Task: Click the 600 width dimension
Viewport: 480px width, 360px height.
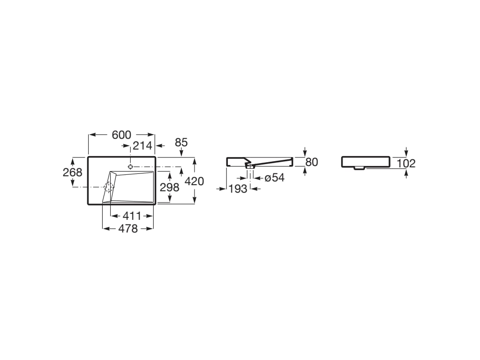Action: pyautogui.click(x=121, y=135)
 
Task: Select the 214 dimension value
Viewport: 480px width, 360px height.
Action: pyautogui.click(x=142, y=146)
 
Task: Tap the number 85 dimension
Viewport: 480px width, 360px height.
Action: pyautogui.click(x=181, y=142)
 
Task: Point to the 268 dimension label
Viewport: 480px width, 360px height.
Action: pyautogui.click(x=72, y=172)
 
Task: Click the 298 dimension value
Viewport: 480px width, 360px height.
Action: pyautogui.click(x=169, y=187)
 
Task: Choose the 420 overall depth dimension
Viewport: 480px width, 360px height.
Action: pyautogui.click(x=195, y=181)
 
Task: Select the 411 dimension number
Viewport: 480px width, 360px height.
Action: pyautogui.click(x=132, y=216)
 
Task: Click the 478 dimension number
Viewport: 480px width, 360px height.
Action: pyautogui.click(x=128, y=229)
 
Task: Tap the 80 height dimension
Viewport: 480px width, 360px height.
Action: pyautogui.click(x=312, y=162)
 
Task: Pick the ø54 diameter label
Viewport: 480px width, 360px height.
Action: pyautogui.click(x=275, y=178)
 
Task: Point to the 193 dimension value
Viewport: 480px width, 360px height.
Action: pyautogui.click(x=238, y=189)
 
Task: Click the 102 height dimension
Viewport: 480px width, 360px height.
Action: pyautogui.click(x=406, y=164)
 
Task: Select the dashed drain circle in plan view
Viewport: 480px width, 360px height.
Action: pyautogui.click(x=110, y=187)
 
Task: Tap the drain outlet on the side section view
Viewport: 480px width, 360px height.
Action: pyautogui.click(x=250, y=166)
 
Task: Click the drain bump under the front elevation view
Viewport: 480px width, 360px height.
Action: pyautogui.click(x=359, y=168)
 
